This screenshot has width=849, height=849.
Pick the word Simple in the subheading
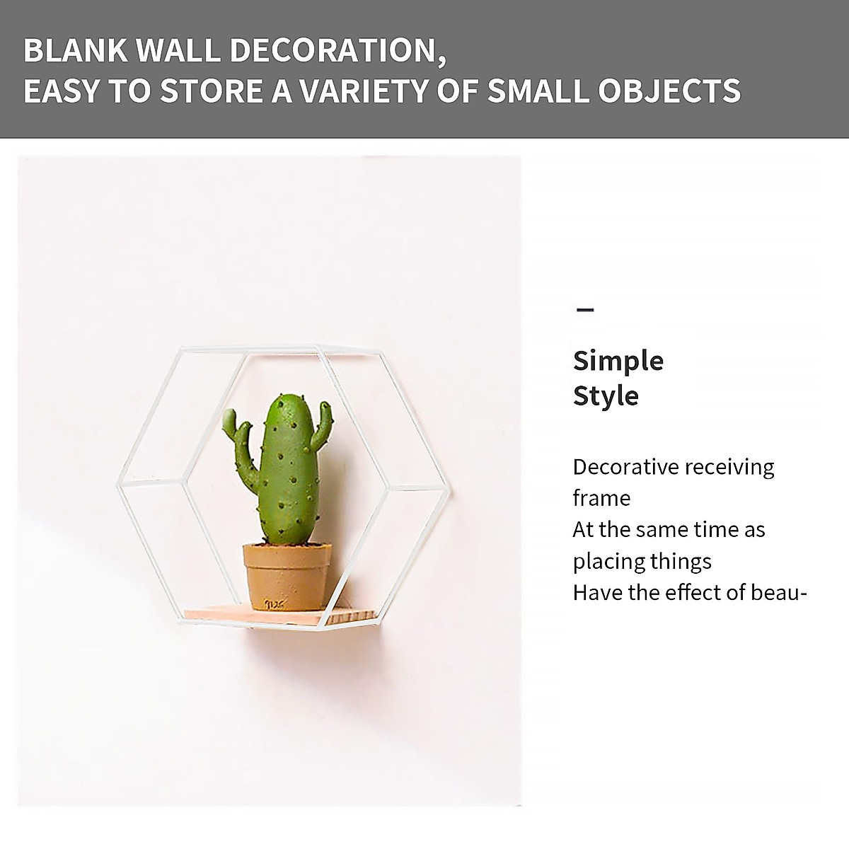(618, 361)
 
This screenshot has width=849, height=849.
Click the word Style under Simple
(606, 395)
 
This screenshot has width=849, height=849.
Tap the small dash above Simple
(585, 310)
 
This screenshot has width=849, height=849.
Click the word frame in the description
(601, 498)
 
